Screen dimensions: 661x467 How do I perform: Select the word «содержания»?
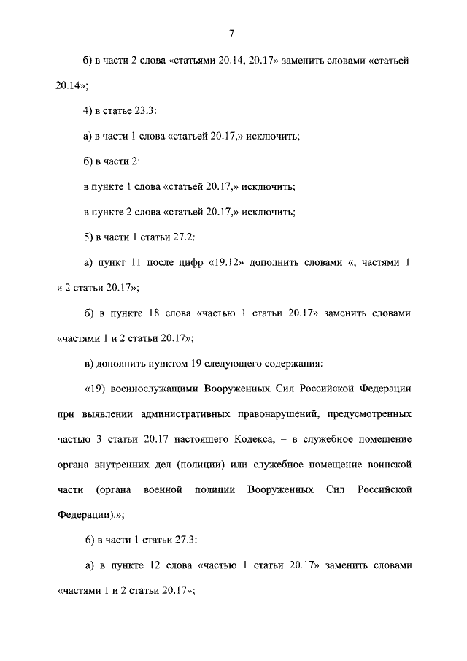coord(297,363)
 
